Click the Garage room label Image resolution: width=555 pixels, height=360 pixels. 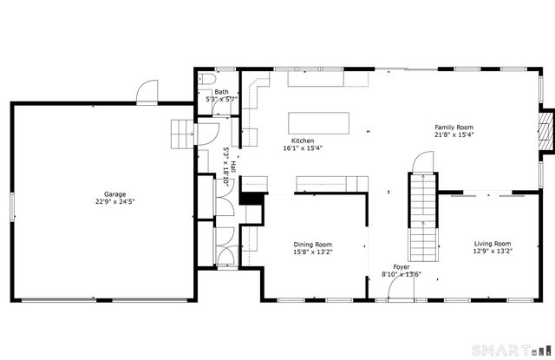tap(114, 194)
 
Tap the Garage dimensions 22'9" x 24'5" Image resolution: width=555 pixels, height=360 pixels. tap(114, 202)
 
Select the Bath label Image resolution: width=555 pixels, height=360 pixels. tap(222, 92)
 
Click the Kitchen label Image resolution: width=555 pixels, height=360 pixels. tap(302, 141)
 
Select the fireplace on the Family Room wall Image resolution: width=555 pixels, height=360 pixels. tap(545, 129)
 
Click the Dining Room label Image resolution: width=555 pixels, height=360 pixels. tap(312, 245)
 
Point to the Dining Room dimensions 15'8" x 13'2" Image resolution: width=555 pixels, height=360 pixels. tap(312, 252)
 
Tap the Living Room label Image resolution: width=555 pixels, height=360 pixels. tap(492, 244)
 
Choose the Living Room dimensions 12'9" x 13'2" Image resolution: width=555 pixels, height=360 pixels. tap(492, 252)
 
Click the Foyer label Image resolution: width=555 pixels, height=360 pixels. tap(402, 267)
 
